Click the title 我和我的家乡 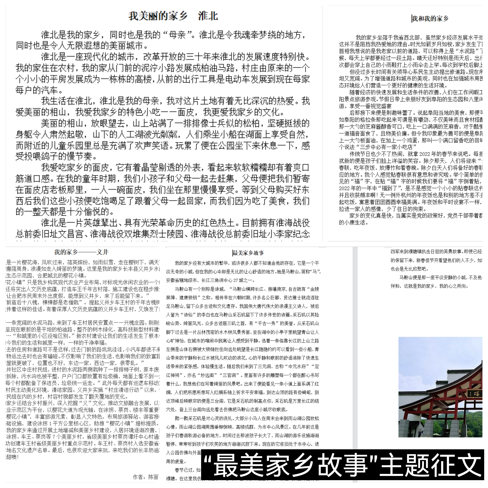pyautogui.click(x=430, y=18)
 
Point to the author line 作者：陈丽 pyautogui.click(x=146, y=477)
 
